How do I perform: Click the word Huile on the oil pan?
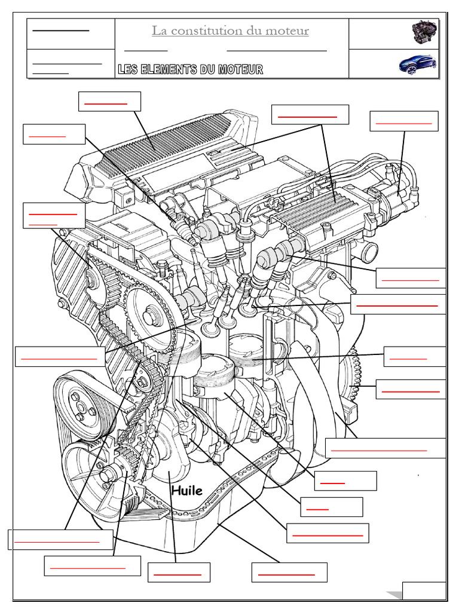point(186,491)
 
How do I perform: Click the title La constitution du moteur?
point(230,30)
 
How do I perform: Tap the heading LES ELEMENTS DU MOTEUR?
point(190,70)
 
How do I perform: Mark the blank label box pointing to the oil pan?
point(289,572)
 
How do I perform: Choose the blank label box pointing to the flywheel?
point(410,389)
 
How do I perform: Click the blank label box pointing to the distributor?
point(404,121)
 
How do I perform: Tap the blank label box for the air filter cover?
point(109,101)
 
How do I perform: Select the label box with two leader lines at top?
point(310,114)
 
